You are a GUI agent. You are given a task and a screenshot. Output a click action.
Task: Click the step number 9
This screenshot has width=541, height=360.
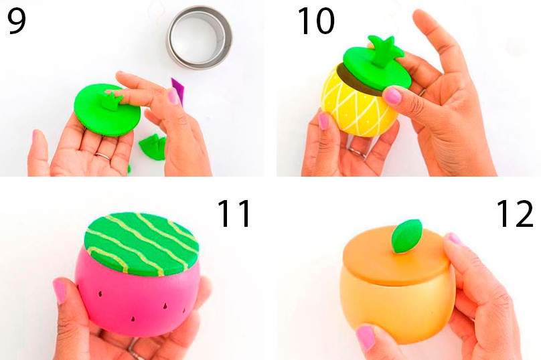point(16,21)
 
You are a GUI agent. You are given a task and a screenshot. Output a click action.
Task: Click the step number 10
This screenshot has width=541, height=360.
point(316,21)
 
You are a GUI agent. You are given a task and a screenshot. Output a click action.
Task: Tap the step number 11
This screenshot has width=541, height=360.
point(234,213)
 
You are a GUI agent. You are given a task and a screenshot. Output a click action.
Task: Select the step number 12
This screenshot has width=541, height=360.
point(515,213)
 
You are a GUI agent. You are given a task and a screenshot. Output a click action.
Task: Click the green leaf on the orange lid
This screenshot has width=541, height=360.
point(407,237)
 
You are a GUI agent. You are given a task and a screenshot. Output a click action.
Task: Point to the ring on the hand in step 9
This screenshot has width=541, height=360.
point(103,156)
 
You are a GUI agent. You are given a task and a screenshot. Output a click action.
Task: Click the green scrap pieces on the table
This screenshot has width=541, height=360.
point(153,147)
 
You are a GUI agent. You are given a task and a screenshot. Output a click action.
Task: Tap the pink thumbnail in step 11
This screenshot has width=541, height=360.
point(60,290)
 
